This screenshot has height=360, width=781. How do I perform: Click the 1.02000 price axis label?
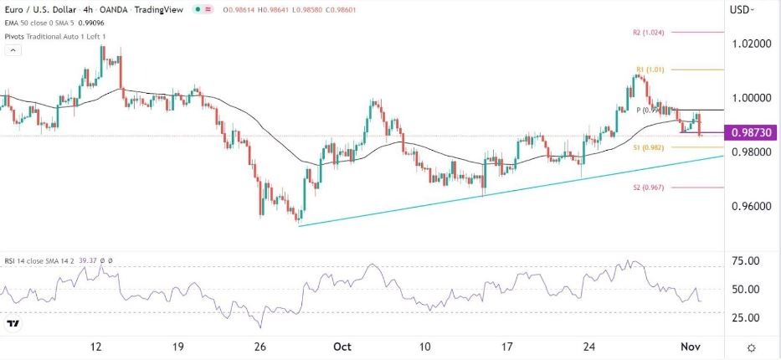tap(749, 43)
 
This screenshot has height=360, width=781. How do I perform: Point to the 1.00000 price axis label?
tap(749, 97)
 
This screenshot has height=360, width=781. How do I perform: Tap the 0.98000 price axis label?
tap(749, 152)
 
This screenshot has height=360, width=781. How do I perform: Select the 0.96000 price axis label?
tap(749, 206)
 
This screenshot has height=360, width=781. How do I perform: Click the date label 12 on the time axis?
tap(97, 347)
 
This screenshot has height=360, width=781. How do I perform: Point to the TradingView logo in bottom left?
tap(13, 324)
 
